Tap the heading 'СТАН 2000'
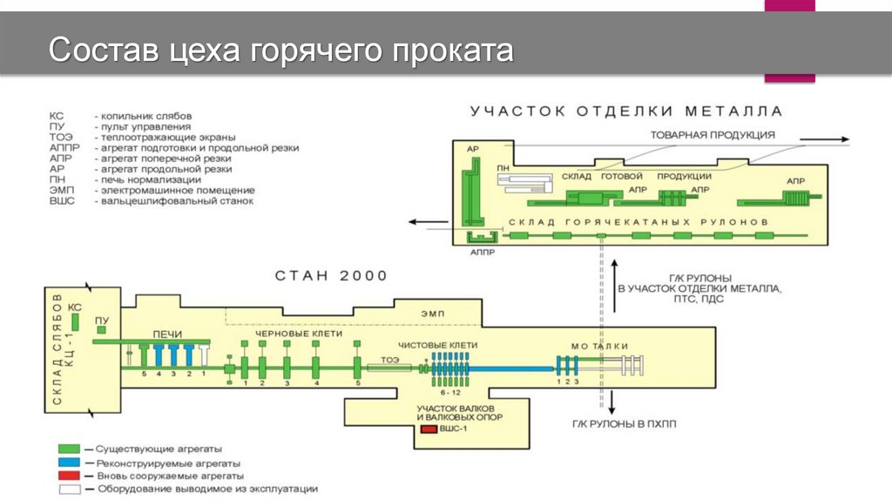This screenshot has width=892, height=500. pos(331,276)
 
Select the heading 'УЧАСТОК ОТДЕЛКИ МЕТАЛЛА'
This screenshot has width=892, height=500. pos(625,111)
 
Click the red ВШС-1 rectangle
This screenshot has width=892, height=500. pos(429,429)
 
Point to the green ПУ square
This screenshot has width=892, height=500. pos(103,330)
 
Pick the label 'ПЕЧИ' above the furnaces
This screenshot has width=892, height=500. pos(166,333)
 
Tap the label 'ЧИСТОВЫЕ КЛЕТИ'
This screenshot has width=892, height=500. pos(449,345)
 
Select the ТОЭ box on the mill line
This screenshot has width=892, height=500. pos(389,368)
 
